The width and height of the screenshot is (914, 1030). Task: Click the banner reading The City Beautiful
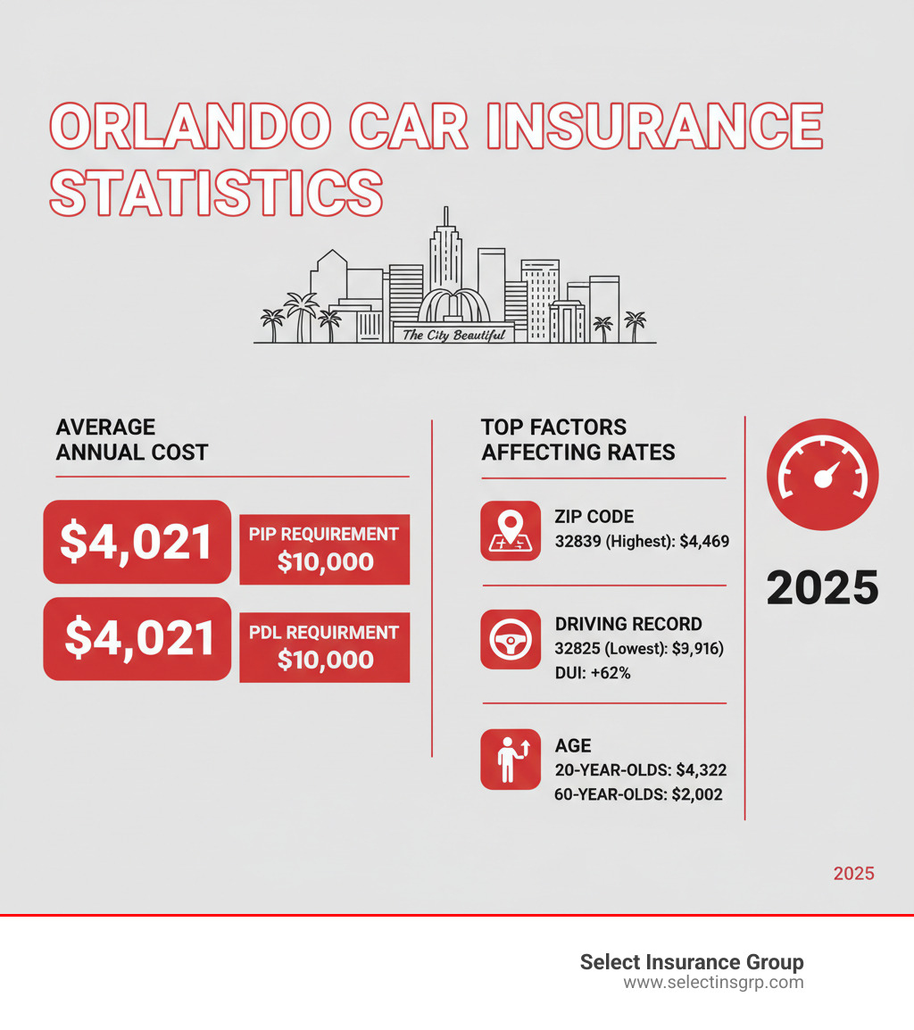(x=453, y=335)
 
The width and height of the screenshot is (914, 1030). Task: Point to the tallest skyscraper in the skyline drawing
(x=444, y=254)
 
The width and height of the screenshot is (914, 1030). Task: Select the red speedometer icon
(x=822, y=474)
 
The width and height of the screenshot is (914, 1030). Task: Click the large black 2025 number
(x=822, y=588)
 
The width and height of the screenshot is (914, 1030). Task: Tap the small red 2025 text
(x=853, y=873)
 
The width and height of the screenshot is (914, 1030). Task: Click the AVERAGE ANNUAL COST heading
(x=131, y=440)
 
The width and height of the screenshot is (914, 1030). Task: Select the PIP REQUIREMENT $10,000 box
(x=324, y=549)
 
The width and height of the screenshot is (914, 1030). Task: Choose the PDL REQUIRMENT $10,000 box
(x=324, y=647)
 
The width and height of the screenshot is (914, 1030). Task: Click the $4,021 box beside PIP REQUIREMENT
(x=137, y=542)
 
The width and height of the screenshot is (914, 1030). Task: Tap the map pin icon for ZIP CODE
(x=510, y=530)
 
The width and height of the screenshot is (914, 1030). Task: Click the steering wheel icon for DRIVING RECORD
(x=510, y=639)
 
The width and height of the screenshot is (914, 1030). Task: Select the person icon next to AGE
(x=510, y=760)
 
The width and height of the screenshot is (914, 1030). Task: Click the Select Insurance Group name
(x=692, y=962)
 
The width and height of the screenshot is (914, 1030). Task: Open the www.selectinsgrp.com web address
(x=713, y=983)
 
